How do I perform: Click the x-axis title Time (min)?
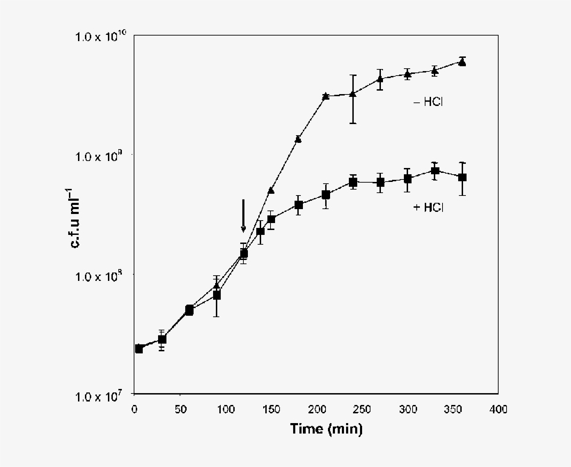(326, 430)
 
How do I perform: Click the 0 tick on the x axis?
(134, 409)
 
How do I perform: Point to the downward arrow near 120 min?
(243, 215)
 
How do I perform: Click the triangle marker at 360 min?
(462, 62)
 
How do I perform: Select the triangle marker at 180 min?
(298, 139)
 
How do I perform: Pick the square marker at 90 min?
(217, 295)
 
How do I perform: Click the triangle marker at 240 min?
(353, 94)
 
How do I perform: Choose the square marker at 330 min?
(435, 171)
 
